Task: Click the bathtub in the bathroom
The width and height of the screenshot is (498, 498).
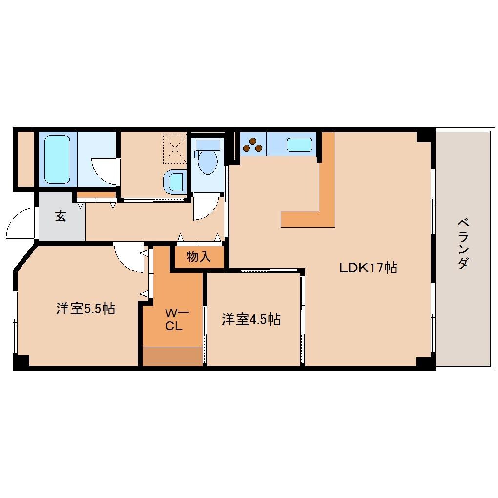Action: click(x=57, y=158)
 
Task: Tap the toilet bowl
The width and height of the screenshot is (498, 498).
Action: click(x=207, y=162)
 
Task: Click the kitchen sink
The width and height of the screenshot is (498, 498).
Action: click(x=299, y=145)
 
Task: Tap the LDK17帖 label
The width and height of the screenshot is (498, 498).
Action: click(x=368, y=268)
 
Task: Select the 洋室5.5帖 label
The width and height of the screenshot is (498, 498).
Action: click(x=85, y=309)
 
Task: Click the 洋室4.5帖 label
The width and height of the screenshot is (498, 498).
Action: click(x=251, y=319)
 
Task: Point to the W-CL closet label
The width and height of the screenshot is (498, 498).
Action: click(x=173, y=319)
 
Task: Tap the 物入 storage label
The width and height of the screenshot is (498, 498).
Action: click(x=199, y=257)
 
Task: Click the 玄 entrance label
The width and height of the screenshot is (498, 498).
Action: click(x=61, y=216)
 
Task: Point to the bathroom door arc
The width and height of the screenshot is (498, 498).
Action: click(x=104, y=171)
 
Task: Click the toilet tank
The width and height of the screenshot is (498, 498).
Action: click(x=207, y=145)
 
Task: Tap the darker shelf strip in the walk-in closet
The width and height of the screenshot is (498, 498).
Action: click(x=173, y=356)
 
